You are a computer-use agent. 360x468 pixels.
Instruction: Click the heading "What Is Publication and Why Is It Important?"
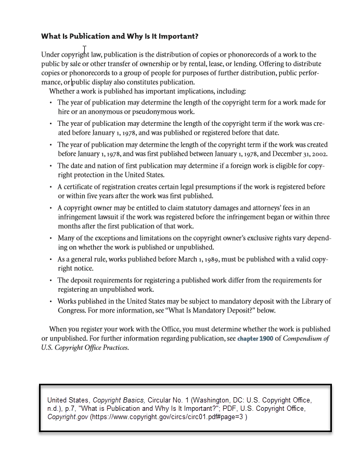pos(119,36)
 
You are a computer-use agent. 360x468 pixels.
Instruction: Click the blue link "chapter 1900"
pos(255,339)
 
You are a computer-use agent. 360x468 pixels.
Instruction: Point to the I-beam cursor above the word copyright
pos(85,50)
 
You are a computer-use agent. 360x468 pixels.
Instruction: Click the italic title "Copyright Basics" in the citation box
pos(119,400)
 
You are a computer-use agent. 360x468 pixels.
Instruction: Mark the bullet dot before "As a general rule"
pos(51,259)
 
